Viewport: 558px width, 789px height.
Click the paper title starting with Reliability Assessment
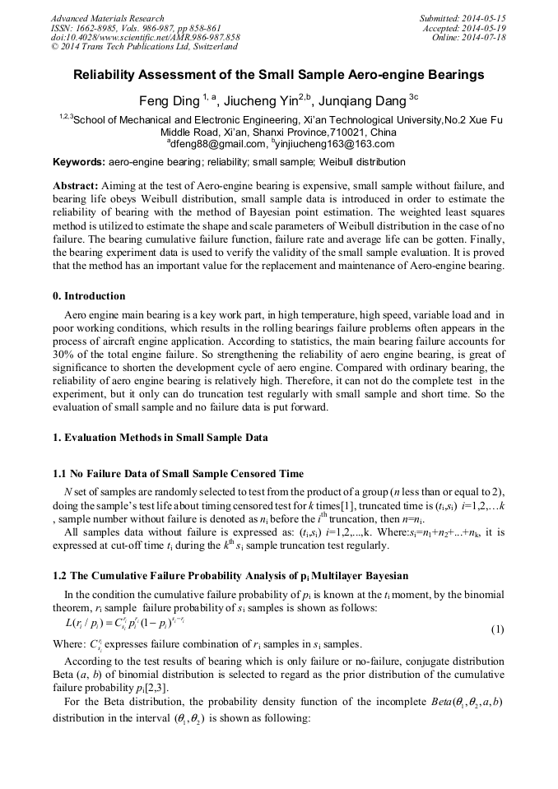click(x=279, y=75)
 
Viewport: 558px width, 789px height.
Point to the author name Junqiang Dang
click(x=362, y=100)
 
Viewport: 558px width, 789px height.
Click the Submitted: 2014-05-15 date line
click(x=463, y=18)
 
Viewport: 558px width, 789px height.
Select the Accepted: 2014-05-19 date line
click(x=465, y=27)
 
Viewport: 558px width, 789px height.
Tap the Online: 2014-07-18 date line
click(x=469, y=37)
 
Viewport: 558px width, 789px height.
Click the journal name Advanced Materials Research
click(x=107, y=18)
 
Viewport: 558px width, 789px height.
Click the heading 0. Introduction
click(x=90, y=296)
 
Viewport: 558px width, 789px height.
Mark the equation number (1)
click(x=497, y=630)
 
